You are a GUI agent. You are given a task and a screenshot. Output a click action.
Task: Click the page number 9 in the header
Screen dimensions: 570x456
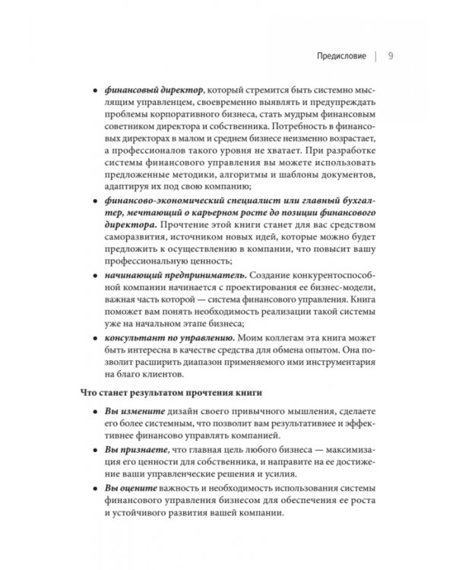[x=390, y=56]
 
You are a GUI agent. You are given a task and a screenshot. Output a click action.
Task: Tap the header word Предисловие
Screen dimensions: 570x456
[x=341, y=56]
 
